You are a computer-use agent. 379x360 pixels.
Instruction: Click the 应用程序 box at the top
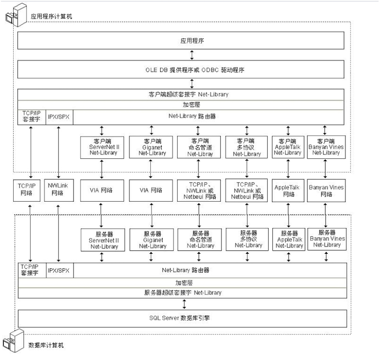pyautogui.click(x=191, y=41)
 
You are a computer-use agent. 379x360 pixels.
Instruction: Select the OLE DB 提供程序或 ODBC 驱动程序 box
pyautogui.click(x=191, y=69)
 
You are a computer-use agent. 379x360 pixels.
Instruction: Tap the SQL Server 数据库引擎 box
pyautogui.click(x=191, y=317)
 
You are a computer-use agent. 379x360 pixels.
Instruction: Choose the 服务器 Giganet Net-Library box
pyautogui.click(x=151, y=240)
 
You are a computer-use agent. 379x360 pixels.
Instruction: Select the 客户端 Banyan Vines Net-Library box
pyautogui.click(x=325, y=147)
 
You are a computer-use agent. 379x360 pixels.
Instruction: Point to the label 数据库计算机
pyautogui.click(x=46, y=345)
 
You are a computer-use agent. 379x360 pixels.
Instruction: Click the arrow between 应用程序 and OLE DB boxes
pyautogui.click(x=191, y=55)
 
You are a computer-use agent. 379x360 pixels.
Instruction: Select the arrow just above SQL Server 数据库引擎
pyautogui.click(x=191, y=303)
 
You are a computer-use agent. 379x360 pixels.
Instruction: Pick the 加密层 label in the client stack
pyautogui.click(x=191, y=105)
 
